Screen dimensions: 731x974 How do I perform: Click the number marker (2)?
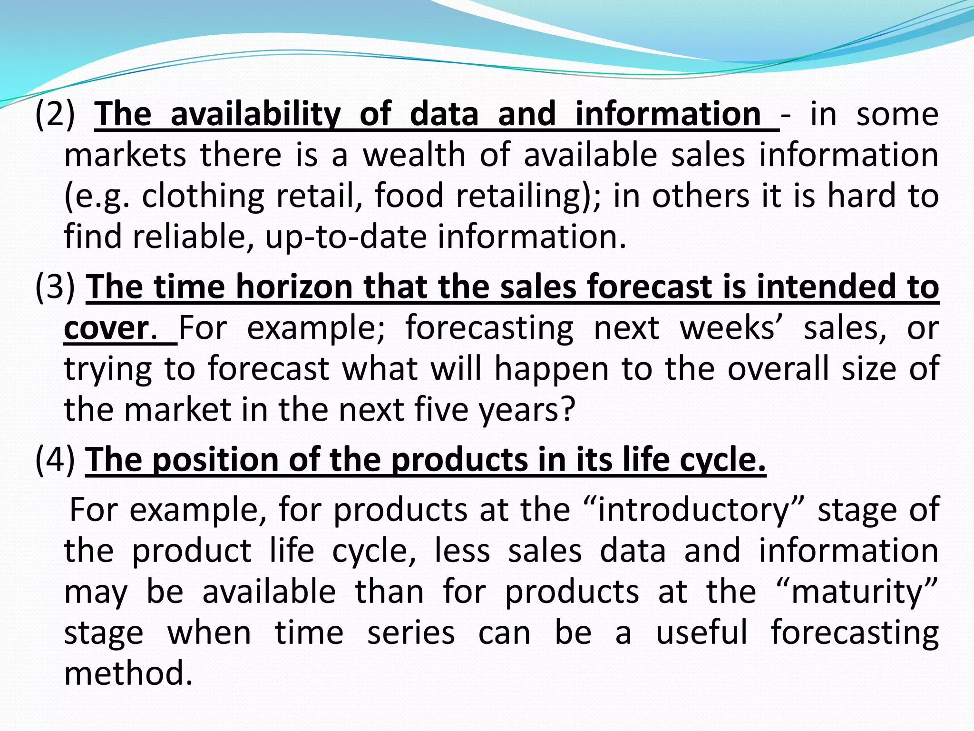(55, 115)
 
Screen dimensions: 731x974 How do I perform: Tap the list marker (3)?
(55, 287)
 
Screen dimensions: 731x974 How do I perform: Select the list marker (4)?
(55, 460)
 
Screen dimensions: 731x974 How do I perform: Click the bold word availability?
(255, 115)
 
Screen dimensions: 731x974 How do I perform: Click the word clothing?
(203, 196)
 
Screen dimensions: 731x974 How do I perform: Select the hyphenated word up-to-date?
(346, 237)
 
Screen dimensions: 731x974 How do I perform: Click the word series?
(411, 633)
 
